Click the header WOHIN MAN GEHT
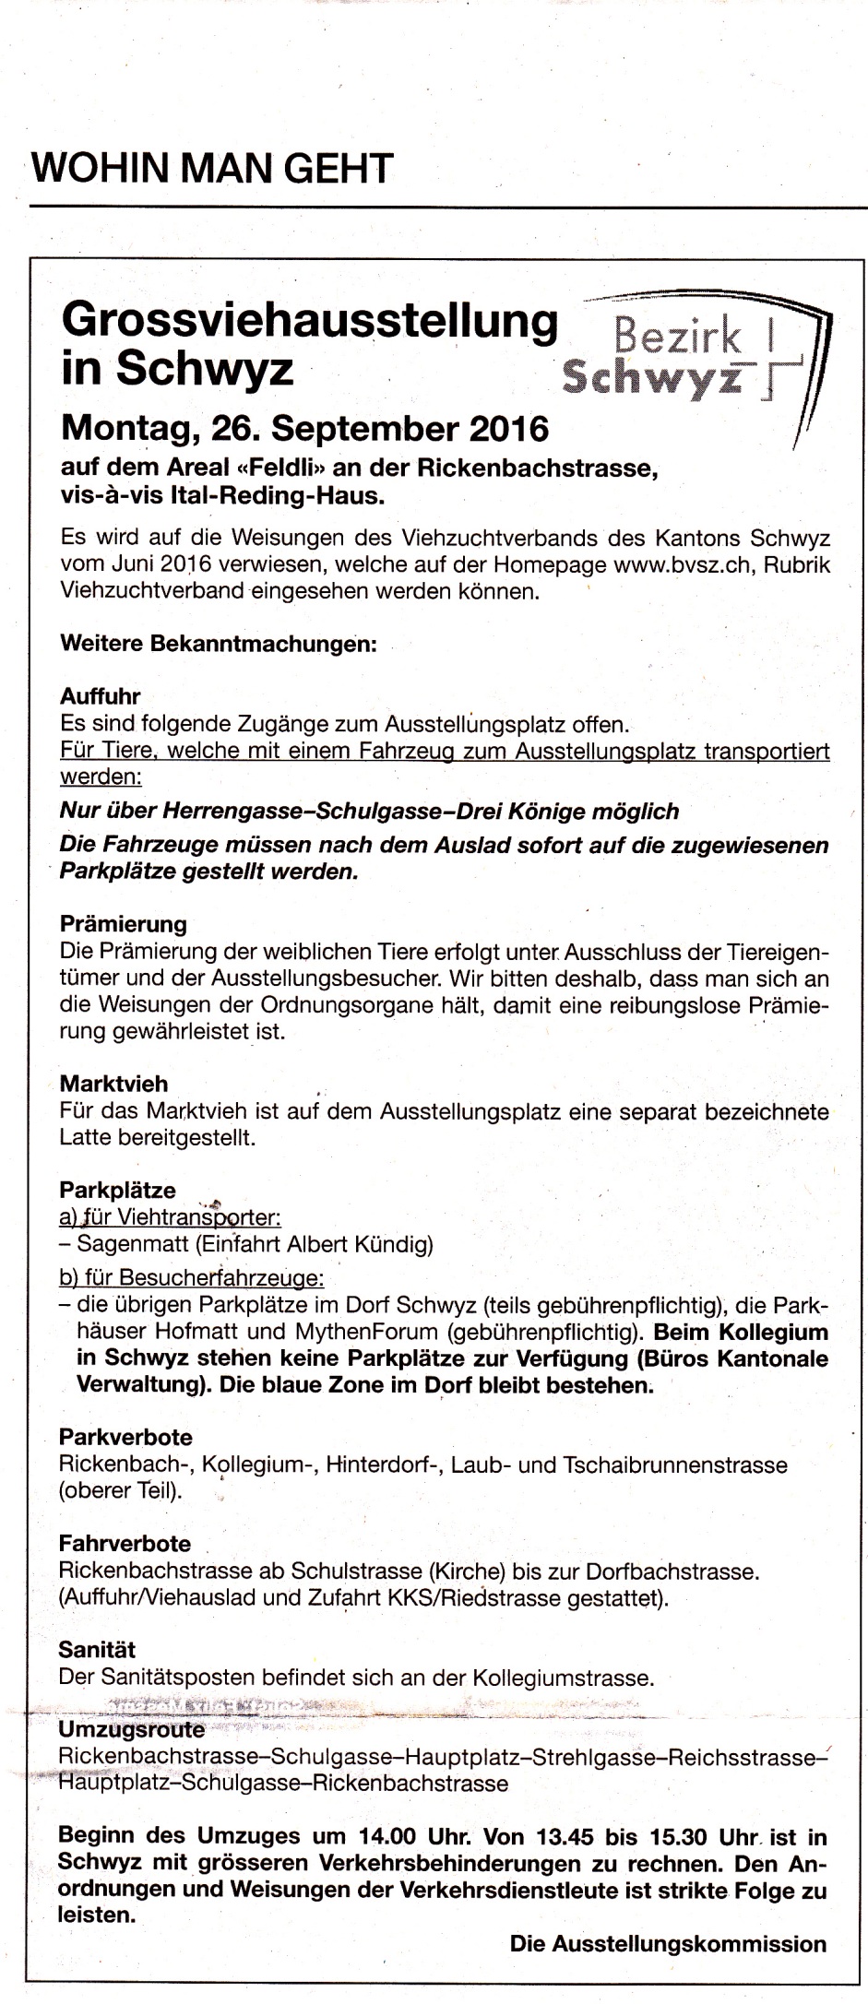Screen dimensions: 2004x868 [213, 168]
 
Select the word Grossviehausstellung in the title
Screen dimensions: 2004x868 [310, 322]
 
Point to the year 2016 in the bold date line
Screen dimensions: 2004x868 [508, 428]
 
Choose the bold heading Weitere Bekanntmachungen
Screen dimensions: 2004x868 [219, 644]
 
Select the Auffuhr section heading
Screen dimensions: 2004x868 [101, 696]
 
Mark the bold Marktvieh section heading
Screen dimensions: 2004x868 [113, 1084]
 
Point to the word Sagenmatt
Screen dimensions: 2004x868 [133, 1244]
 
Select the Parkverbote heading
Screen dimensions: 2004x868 [125, 1437]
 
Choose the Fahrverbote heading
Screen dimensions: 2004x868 [125, 1544]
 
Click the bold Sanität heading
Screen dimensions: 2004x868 [97, 1649]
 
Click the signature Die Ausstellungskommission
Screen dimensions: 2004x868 [668, 1944]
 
